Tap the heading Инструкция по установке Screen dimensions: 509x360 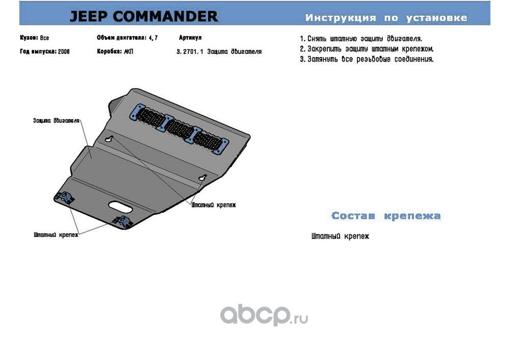point(386,18)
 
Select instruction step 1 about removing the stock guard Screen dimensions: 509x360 point(361,39)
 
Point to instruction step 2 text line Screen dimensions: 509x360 point(366,49)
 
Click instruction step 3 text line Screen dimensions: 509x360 point(366,59)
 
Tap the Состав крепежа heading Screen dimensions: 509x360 point(385,216)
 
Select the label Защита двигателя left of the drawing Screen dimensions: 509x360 point(56,121)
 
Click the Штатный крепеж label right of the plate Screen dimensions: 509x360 point(214,205)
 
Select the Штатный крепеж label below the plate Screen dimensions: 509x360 point(55,236)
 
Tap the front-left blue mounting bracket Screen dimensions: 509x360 point(63,197)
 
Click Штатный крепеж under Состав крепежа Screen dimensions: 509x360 point(340,236)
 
